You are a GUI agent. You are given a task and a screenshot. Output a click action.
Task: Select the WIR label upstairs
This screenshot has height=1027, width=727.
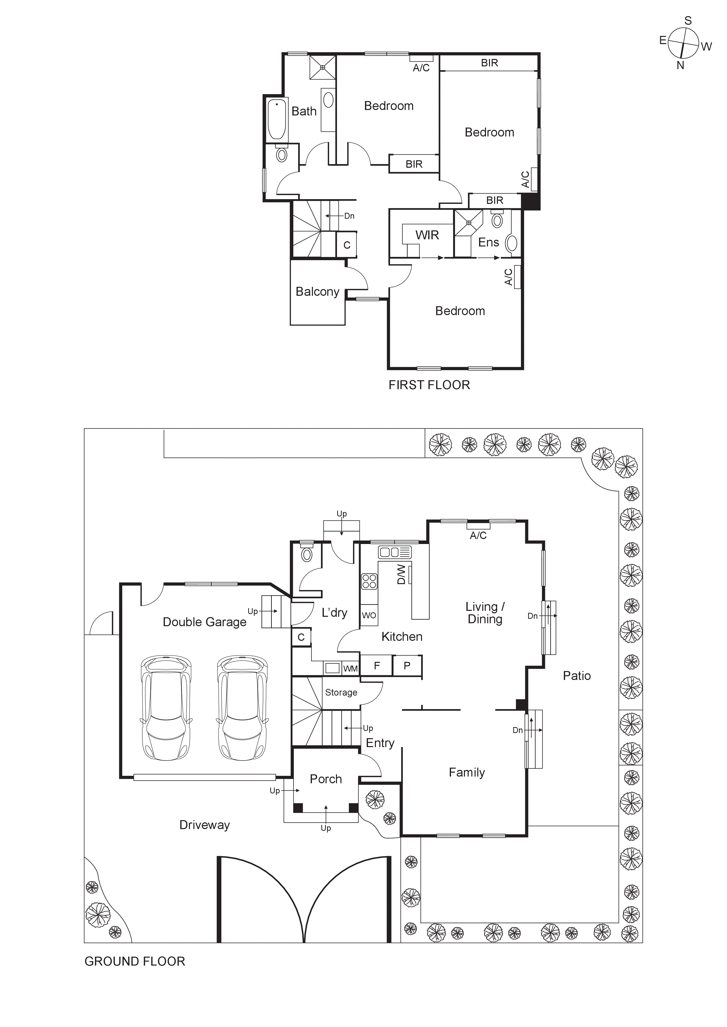[x=427, y=235]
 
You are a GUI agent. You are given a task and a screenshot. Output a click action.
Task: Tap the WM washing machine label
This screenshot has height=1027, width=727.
[x=350, y=669]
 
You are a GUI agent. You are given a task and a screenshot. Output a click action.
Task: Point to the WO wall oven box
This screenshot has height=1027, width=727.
[x=369, y=616]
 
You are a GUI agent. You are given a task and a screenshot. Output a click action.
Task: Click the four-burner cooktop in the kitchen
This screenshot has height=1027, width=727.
[x=369, y=581]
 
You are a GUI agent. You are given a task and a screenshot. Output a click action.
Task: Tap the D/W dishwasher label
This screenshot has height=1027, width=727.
[x=401, y=574]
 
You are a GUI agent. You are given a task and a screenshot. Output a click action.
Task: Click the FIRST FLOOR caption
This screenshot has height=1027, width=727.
[x=429, y=385]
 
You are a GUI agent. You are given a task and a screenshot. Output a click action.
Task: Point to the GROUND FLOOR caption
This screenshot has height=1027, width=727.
[x=134, y=961]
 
